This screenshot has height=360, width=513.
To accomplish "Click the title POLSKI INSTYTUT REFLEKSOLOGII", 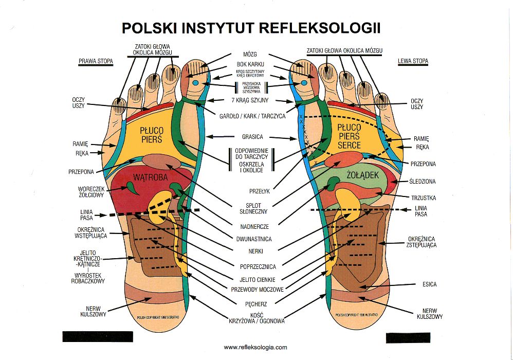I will (251, 27).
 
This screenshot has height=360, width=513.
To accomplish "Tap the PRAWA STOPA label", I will (96, 61).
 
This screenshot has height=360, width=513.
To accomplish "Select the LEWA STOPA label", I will (413, 61).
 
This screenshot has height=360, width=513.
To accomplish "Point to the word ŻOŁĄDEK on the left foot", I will (363, 175).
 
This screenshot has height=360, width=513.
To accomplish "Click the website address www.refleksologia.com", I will (255, 348).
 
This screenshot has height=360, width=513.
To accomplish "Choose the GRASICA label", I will (252, 137).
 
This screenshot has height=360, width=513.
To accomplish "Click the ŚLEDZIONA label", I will (423, 182).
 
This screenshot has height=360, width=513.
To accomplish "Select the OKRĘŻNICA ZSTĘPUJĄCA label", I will (422, 242).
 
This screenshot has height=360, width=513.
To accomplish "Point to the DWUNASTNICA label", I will (255, 239).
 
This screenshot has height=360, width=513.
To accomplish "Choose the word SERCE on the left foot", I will (350, 146).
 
